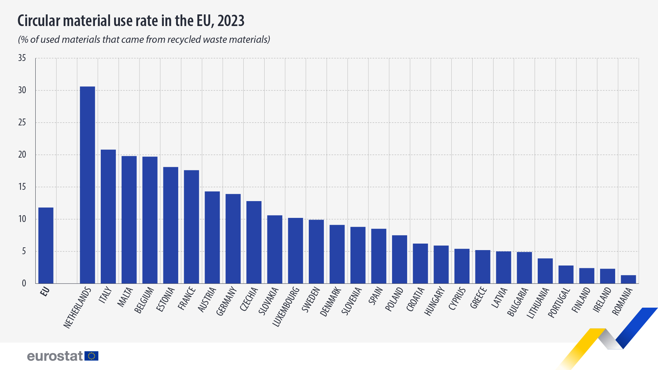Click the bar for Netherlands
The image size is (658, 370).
tap(87, 185)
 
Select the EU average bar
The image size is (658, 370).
tap(46, 245)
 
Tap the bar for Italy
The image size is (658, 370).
tap(108, 217)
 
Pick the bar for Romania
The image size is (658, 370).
tap(628, 279)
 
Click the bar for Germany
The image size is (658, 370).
tap(233, 239)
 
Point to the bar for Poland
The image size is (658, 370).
tap(399, 259)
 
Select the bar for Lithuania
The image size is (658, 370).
tap(545, 271)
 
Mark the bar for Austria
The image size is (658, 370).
tap(212, 237)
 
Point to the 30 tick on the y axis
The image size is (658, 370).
tap(22, 90)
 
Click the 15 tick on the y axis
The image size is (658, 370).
tap(22, 187)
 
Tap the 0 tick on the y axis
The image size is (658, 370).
tap(24, 283)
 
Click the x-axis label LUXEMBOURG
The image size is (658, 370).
tap(286, 307)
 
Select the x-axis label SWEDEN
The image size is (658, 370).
tap(311, 300)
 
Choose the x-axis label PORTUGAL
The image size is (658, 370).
tap(559, 303)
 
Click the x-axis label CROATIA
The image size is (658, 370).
tap(415, 299)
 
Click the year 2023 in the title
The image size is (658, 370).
tap(231, 21)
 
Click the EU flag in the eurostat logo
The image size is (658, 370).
tap(92, 356)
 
